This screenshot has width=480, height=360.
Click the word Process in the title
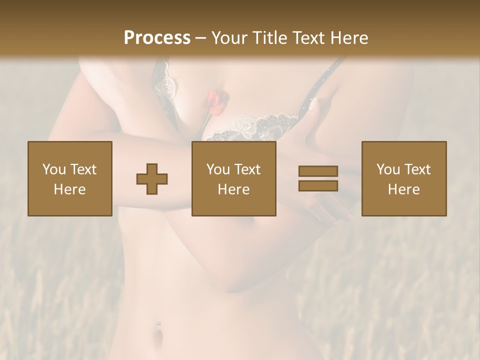[157, 38]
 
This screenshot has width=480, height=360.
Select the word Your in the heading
[228, 38]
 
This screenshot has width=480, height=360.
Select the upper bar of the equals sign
[318, 171]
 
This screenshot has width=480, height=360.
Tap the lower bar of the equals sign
[318, 185]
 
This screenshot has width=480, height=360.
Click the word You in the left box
[53, 169]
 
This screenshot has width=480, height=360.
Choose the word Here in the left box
[69, 189]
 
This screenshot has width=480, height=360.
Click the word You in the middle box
[217, 169]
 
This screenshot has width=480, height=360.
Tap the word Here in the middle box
[233, 189]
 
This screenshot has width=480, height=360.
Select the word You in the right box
[387, 169]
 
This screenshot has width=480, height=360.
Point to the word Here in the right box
[403, 189]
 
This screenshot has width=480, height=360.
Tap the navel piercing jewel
[158, 323]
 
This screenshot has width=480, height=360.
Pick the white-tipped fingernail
[313, 104]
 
